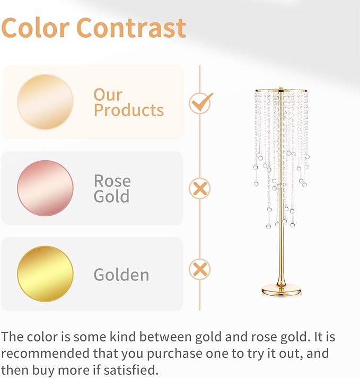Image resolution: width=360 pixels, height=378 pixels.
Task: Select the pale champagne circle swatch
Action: pyautogui.click(x=45, y=102)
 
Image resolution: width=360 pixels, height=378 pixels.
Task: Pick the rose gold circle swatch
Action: pyautogui.click(x=45, y=188)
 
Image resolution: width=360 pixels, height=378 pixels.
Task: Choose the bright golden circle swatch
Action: pyautogui.click(x=45, y=274)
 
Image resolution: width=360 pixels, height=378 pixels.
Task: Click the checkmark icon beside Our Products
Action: pyautogui.click(x=200, y=102)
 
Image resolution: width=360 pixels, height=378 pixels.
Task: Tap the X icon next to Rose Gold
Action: pyautogui.click(x=200, y=188)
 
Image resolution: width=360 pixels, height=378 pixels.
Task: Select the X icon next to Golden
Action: pyautogui.click(x=200, y=269)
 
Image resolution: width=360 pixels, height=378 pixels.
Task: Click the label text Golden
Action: pyautogui.click(x=121, y=275)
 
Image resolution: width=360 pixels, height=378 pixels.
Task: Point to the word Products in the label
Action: pyautogui.click(x=129, y=110)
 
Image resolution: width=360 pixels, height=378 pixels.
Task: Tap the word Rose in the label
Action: pyautogui.click(x=112, y=181)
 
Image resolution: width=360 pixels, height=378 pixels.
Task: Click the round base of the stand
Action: pyautogui.click(x=281, y=289)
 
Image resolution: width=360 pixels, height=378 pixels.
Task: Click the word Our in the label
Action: pyautogui.click(x=108, y=94)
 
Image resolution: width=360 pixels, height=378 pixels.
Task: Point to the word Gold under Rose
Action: pyautogui.click(x=111, y=197)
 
